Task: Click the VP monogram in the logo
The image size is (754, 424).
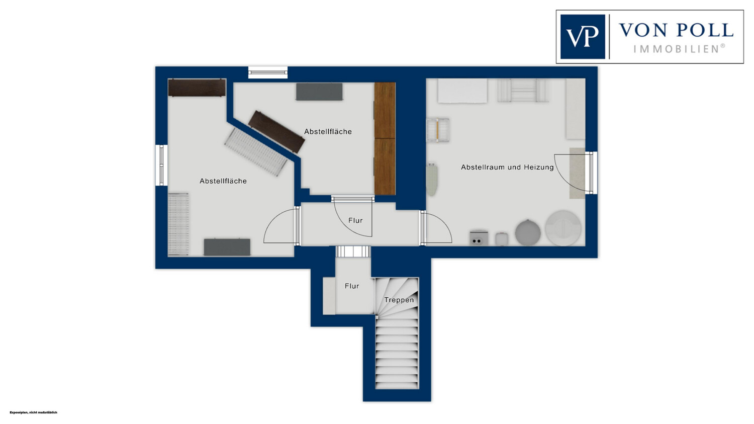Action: (x=582, y=37)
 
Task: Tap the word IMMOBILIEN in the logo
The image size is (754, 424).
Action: (x=679, y=49)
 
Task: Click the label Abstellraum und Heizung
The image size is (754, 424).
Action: (x=507, y=167)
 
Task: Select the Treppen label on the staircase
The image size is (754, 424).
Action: (x=399, y=300)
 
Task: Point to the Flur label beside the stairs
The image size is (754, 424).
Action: (x=352, y=286)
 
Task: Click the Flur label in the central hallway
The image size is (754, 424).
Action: (x=355, y=220)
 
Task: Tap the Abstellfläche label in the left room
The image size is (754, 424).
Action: (x=223, y=181)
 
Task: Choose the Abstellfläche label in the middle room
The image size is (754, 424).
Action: (x=328, y=131)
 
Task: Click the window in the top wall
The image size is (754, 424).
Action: (x=268, y=72)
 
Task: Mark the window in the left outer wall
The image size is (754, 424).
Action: (x=161, y=165)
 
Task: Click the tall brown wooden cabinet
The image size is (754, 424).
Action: (x=385, y=138)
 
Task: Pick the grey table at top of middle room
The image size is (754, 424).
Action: (x=319, y=92)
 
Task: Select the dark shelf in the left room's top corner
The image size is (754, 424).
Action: (x=197, y=88)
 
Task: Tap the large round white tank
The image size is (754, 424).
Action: (x=563, y=227)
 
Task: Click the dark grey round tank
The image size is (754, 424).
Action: (x=528, y=232)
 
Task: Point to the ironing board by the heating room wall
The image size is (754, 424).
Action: (x=431, y=179)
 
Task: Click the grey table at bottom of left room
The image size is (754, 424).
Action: (x=227, y=247)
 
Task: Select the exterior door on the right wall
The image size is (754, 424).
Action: (x=591, y=173)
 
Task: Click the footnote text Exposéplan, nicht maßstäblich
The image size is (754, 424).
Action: (x=33, y=412)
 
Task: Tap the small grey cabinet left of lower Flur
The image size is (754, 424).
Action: (x=329, y=296)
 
